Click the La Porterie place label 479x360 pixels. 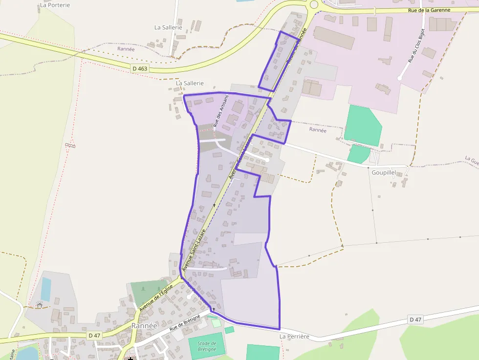tap(54, 5)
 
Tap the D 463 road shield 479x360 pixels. tap(140, 68)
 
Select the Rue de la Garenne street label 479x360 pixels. tap(429, 10)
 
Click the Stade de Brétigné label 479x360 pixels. tap(207, 346)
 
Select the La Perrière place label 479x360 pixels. tap(294, 337)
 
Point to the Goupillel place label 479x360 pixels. tap(384, 172)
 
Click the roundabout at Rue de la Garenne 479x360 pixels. tap(314, 4)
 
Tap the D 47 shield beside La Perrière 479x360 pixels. tap(415, 319)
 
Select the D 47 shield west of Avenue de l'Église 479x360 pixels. tap(94, 336)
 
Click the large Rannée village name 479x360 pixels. tap(144, 325)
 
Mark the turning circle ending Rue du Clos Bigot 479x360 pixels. tap(400, 78)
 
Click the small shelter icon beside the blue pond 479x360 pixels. tap(40, 305)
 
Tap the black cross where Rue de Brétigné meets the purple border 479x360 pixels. tap(214, 309)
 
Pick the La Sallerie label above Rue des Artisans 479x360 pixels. tap(190, 84)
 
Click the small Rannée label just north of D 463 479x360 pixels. tap(126, 49)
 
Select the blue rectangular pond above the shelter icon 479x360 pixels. tap(46, 289)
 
